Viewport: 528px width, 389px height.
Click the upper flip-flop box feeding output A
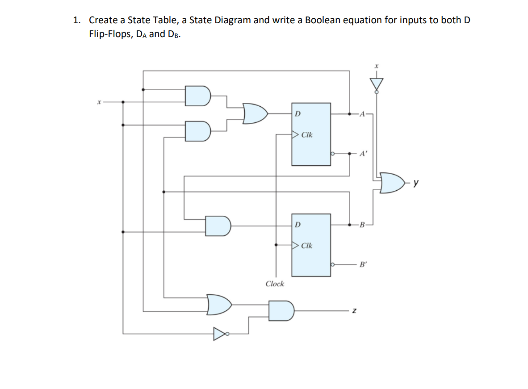tap(311, 134)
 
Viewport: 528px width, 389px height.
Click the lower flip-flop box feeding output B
tap(311, 245)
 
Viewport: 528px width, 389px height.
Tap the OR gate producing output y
tap(391, 183)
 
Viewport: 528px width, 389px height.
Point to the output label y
tap(416, 183)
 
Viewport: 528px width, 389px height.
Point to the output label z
tap(353, 310)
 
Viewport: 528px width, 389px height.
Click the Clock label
tap(274, 284)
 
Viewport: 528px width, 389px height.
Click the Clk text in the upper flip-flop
tap(306, 134)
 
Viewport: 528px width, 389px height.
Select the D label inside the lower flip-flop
tap(298, 223)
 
